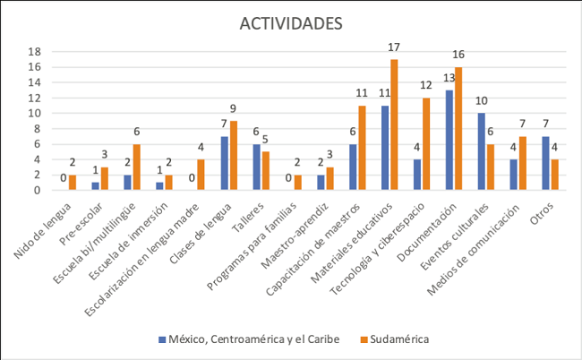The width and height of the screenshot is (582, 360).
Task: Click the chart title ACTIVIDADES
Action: tap(290, 23)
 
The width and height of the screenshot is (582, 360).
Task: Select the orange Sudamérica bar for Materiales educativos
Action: tap(394, 124)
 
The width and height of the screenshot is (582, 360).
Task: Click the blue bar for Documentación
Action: tap(449, 140)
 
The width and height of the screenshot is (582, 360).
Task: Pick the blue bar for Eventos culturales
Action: tap(482, 151)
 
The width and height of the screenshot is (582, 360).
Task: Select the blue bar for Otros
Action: tap(545, 163)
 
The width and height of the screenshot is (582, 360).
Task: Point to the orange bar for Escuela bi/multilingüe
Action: tap(137, 167)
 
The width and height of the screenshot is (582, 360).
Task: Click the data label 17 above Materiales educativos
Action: tap(395, 47)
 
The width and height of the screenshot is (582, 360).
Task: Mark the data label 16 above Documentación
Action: tap(459, 55)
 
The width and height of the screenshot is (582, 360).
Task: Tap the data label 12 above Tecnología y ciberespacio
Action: tap(427, 85)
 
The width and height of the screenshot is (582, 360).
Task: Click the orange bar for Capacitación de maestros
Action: tap(362, 148)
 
